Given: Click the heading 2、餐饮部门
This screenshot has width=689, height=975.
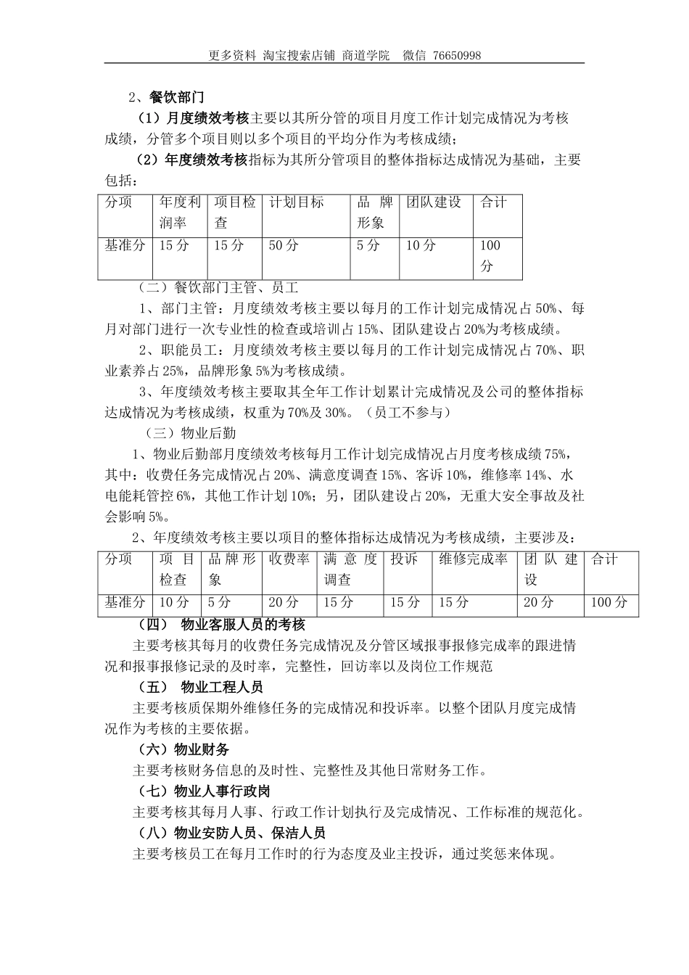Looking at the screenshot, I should pyautogui.click(x=166, y=97).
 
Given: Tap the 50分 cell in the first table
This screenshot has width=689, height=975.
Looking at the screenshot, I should pyautogui.click(x=284, y=245).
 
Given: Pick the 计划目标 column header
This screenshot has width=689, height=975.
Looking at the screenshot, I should pyautogui.click(x=297, y=202).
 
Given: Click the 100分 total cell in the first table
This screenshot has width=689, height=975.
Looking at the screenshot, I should pyautogui.click(x=491, y=255).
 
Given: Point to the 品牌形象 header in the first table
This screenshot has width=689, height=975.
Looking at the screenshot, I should pyautogui.click(x=375, y=213).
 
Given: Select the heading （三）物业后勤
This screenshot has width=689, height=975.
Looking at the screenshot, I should pyautogui.click(x=191, y=434).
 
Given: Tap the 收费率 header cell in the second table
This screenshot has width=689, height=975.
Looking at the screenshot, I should pyautogui.click(x=289, y=559).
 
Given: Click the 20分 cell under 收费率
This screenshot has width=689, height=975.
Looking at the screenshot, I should pyautogui.click(x=284, y=602).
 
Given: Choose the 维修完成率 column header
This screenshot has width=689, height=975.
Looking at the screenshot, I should pyautogui.click(x=474, y=559).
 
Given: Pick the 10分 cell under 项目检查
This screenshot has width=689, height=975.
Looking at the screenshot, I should pyautogui.click(x=174, y=602).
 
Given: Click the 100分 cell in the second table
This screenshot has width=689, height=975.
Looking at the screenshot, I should pyautogui.click(x=609, y=602).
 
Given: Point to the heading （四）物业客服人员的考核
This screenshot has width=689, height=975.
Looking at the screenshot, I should pyautogui.click(x=222, y=625).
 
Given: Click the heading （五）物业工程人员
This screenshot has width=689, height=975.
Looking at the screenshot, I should pyautogui.click(x=201, y=687).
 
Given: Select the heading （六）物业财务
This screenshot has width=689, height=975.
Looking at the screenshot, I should pyautogui.click(x=184, y=749).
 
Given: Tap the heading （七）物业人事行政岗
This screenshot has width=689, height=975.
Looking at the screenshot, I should pyautogui.click(x=205, y=791).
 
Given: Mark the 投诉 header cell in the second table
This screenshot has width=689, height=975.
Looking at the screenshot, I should pyautogui.click(x=404, y=559).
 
